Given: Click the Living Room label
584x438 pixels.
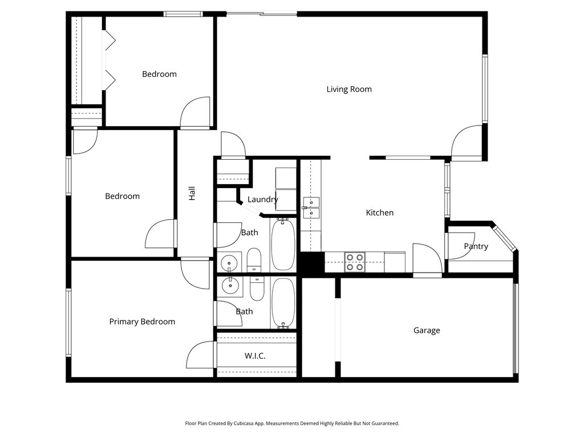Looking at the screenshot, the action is (x=349, y=90).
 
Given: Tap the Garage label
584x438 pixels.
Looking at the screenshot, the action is (x=427, y=330).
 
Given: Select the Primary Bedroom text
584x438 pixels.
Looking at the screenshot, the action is (x=142, y=322).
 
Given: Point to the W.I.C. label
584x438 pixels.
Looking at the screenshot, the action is (x=255, y=356).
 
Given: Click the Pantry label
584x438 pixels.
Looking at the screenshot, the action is (x=476, y=246).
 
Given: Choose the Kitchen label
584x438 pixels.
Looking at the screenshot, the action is (x=379, y=213).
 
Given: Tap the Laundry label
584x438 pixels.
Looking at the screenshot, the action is (x=262, y=200).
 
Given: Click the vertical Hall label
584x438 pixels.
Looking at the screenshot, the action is (x=192, y=193).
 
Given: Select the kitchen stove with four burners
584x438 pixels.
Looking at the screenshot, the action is (x=354, y=262).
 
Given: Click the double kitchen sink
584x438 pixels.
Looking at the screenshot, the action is (x=311, y=208).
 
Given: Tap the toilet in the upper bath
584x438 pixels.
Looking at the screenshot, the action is (x=254, y=260).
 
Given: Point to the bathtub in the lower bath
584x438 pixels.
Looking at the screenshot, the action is (x=283, y=303).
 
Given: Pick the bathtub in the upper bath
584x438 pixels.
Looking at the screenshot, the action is (x=283, y=245).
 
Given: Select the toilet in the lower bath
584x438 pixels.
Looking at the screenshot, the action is (x=257, y=288).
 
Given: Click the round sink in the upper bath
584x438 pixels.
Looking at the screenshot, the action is (x=229, y=263).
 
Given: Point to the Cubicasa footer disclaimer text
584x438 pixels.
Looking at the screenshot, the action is (x=292, y=424).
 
